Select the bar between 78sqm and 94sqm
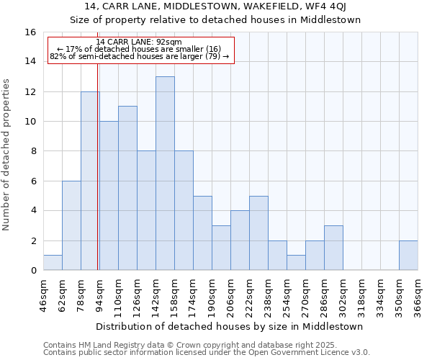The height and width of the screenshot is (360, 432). [x=90, y=181]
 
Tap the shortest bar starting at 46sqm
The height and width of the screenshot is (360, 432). [x=53, y=263]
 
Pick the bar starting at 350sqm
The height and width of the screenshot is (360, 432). [x=408, y=256]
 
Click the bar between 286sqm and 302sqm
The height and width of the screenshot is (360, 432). [x=333, y=248]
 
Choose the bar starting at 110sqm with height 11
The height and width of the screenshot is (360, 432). [x=127, y=188]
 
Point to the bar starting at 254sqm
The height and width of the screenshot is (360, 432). [x=296, y=263]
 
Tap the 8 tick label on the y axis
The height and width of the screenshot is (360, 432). [x=33, y=152]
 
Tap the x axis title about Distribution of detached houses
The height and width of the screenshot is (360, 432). [x=229, y=326]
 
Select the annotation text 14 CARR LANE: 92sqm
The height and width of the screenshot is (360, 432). [x=139, y=42]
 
